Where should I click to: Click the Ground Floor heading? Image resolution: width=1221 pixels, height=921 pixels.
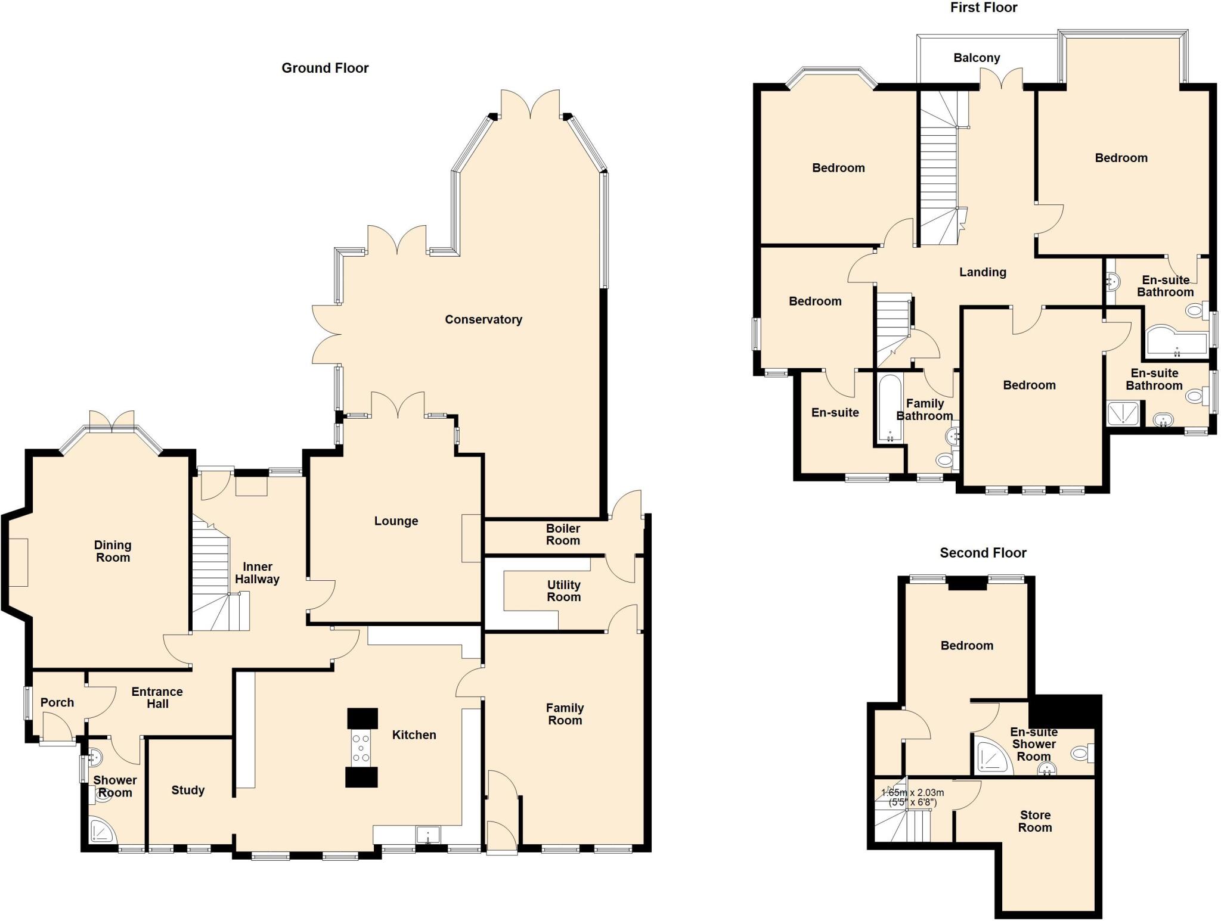click(325, 68)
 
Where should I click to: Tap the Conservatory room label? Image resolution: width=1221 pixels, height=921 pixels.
click(483, 319)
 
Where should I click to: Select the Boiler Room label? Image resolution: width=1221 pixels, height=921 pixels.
click(563, 534)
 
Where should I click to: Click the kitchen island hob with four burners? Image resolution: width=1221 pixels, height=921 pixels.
click(362, 748)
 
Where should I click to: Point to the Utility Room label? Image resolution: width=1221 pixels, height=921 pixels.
click(563, 591)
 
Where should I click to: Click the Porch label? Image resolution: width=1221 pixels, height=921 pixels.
click(57, 702)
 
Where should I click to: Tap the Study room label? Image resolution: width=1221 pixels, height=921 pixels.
click(188, 790)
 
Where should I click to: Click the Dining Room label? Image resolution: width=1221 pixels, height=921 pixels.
click(113, 551)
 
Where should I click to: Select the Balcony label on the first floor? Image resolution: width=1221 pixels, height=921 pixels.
click(977, 58)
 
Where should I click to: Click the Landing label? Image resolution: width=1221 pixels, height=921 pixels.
click(983, 272)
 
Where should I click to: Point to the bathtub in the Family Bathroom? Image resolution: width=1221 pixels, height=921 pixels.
click(890, 408)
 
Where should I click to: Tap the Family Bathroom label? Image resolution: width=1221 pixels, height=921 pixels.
click(925, 410)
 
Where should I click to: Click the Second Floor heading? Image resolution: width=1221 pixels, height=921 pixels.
click(983, 553)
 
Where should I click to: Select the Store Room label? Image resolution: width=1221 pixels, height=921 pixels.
click(1035, 821)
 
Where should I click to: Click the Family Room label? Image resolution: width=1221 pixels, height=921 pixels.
click(565, 714)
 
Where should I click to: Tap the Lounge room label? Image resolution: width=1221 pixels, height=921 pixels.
click(396, 521)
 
